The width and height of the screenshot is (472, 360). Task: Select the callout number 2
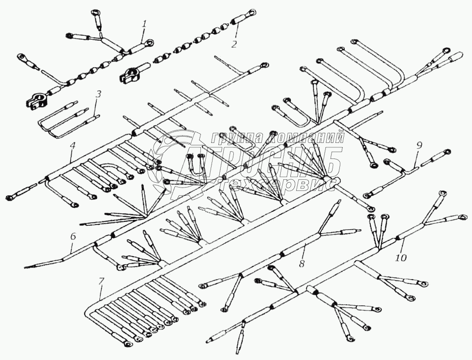[x=234, y=45]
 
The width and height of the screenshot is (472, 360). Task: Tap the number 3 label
[x=98, y=94]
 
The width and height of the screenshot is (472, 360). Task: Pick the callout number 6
[x=73, y=237]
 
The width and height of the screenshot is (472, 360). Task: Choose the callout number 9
[x=419, y=144]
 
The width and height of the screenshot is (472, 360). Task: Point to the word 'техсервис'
[x=277, y=184]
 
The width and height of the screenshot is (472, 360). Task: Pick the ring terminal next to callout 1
[x=151, y=44]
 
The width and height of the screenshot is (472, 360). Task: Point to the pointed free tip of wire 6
[x=25, y=267]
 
